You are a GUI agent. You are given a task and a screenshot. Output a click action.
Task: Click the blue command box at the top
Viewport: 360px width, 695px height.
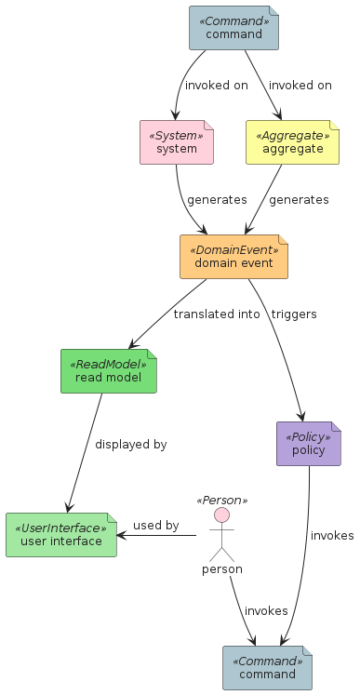click(233, 28)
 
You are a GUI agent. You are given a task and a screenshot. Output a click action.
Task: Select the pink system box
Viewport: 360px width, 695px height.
click(177, 142)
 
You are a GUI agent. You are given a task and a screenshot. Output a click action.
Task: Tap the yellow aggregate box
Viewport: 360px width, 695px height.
click(293, 142)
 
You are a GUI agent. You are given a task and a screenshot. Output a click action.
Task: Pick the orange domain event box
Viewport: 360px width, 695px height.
click(233, 257)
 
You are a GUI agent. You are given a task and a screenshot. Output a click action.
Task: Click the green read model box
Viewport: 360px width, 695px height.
click(109, 371)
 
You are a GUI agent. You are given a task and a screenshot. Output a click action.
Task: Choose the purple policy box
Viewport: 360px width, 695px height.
click(309, 444)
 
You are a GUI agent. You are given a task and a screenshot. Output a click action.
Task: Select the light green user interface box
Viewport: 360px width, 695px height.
click(61, 535)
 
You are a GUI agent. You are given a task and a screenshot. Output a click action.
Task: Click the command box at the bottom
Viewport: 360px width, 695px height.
click(267, 668)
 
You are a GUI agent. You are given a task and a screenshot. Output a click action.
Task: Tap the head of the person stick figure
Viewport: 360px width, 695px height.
click(221, 515)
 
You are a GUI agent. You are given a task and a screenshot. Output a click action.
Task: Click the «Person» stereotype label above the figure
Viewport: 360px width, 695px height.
click(221, 501)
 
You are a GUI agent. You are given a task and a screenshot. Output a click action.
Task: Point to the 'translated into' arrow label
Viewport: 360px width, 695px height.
click(217, 314)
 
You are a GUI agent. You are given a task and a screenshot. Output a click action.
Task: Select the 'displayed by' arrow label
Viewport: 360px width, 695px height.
click(131, 444)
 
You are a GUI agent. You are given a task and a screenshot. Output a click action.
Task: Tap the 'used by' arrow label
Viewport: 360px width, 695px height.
click(156, 526)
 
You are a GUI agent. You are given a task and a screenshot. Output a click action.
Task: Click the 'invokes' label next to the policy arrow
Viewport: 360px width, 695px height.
click(332, 536)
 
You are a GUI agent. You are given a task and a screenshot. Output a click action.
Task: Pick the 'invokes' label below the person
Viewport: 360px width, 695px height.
click(266, 610)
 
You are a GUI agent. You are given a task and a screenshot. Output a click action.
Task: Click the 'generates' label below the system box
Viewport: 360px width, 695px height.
click(217, 200)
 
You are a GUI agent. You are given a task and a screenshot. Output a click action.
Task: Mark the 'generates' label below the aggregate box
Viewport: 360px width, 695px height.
click(299, 200)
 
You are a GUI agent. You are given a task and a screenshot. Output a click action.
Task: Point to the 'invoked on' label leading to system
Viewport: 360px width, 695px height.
click(217, 85)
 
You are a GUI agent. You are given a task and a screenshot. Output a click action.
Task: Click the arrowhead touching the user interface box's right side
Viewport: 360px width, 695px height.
click(122, 535)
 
